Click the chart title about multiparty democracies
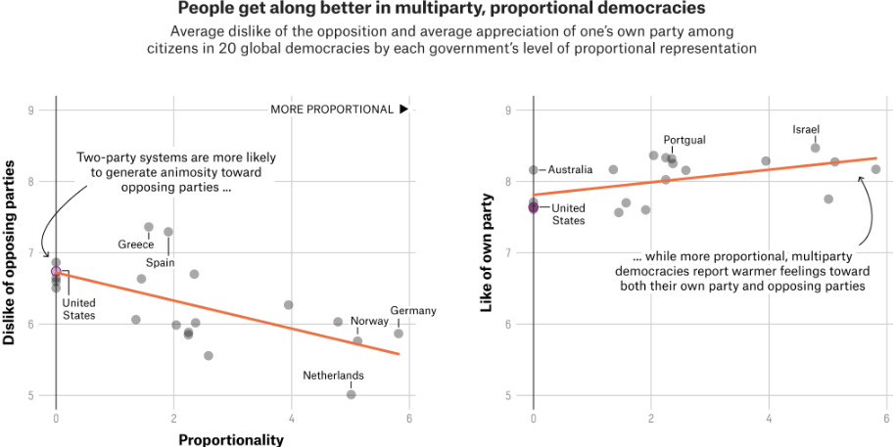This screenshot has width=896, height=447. (442, 9)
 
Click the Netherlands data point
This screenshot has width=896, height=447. (351, 394)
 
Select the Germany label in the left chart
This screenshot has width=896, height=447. (412, 311)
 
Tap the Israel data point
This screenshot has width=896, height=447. (815, 148)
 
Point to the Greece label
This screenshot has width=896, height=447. (136, 245)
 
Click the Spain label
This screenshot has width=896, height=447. (161, 263)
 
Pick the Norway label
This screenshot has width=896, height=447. (369, 321)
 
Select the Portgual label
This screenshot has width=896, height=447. (684, 141)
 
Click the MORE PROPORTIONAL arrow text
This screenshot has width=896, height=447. (338, 110)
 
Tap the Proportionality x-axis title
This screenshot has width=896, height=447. (231, 439)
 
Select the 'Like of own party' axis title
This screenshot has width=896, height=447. (487, 253)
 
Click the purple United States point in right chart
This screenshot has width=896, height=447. (534, 206)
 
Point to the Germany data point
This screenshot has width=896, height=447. (399, 334)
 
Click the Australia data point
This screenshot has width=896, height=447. (534, 170)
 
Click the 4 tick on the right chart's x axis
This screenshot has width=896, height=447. (769, 420)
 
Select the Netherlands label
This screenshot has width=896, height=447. (333, 376)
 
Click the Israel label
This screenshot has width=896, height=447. (806, 129)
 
